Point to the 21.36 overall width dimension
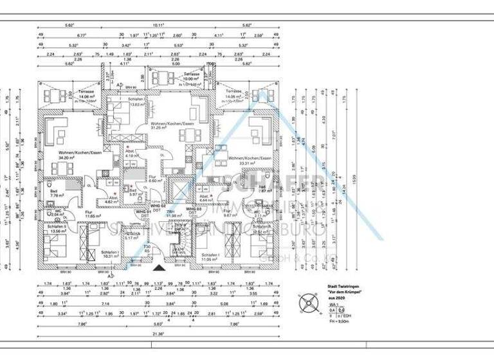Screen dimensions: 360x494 tap(158, 335)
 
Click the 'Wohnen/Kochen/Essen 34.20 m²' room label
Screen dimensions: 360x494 tap(62, 154)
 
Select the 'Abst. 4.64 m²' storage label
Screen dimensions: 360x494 tap(205, 198)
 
